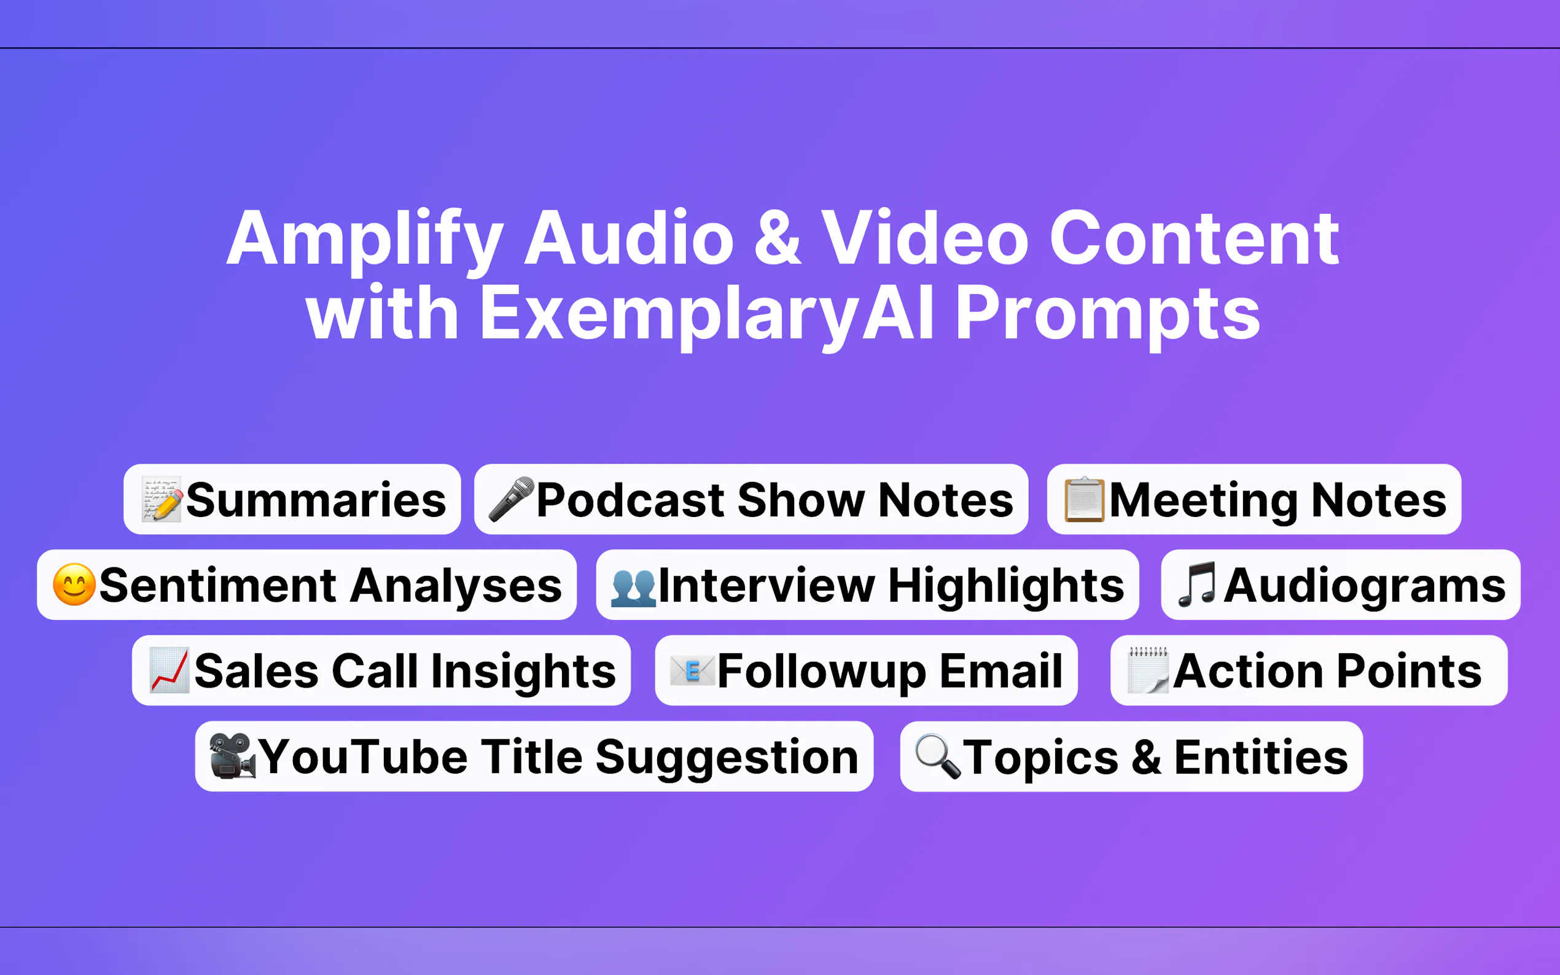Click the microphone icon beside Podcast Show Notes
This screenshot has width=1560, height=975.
(x=511, y=499)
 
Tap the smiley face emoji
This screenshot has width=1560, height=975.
(x=74, y=585)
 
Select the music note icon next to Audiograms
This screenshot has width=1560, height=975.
(x=1197, y=585)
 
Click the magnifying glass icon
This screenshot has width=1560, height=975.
(x=937, y=756)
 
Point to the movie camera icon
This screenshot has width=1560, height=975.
(x=232, y=756)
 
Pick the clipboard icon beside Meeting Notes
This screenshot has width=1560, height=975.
(x=1084, y=500)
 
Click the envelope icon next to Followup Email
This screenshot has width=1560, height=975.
(x=692, y=670)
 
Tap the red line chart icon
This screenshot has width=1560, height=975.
(x=169, y=670)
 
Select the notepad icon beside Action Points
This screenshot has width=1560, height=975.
(x=1147, y=670)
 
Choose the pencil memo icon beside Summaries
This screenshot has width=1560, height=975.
(x=162, y=500)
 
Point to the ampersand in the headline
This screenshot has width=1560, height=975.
(x=778, y=239)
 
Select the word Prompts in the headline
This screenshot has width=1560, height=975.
(x=1107, y=313)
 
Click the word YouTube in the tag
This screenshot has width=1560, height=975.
(x=363, y=757)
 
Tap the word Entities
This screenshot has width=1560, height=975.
(x=1261, y=757)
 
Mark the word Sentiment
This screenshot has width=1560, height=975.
(x=217, y=586)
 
